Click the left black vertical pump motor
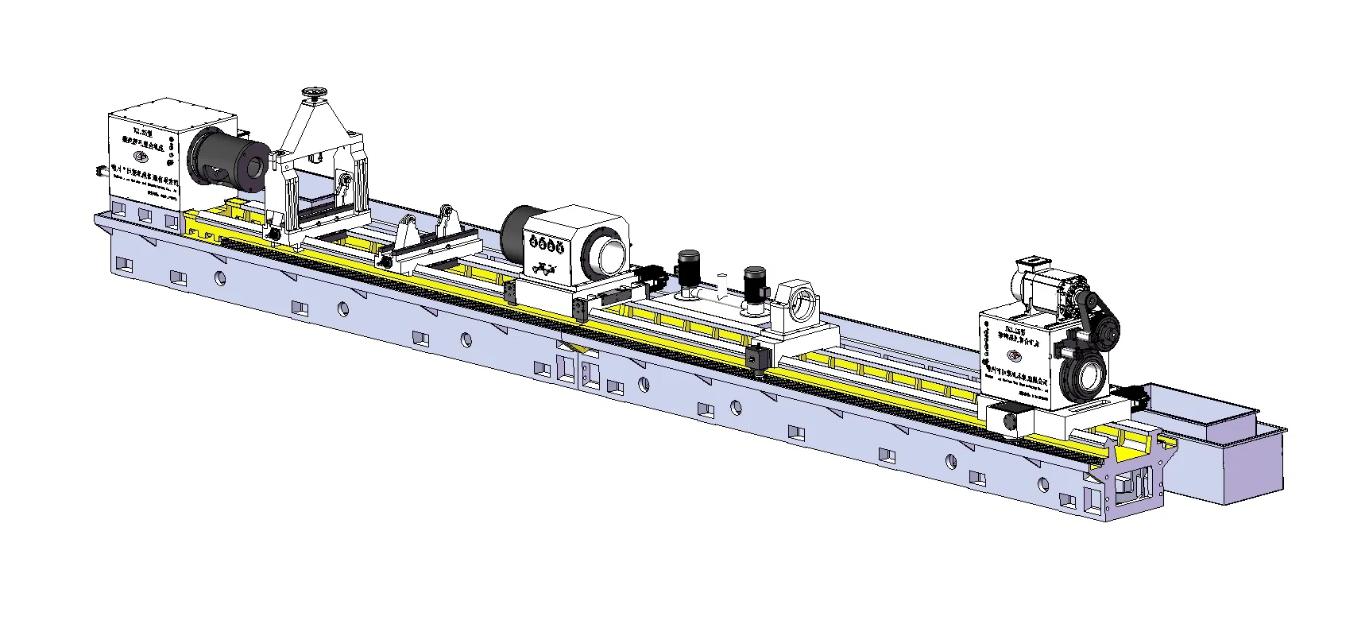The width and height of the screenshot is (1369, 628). pyautogui.click(x=688, y=270)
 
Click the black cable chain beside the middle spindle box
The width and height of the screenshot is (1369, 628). pyautogui.click(x=653, y=275)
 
